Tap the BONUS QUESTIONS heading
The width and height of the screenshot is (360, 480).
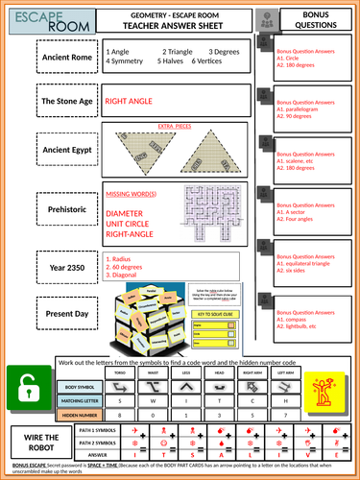coord(316,21)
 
